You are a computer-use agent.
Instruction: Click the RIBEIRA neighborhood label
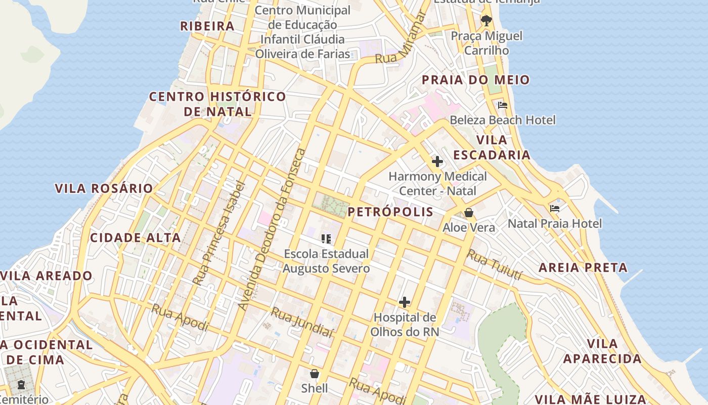[x=207, y=26]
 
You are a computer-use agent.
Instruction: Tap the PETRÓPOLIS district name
[x=390, y=212]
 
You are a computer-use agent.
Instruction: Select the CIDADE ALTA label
[x=135, y=237]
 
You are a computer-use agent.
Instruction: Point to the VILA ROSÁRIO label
[x=104, y=188]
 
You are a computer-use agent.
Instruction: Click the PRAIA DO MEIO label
[x=475, y=79]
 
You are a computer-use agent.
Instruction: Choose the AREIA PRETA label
[x=583, y=267]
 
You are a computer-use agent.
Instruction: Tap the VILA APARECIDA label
[x=602, y=351]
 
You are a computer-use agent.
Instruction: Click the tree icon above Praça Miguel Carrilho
[x=486, y=21]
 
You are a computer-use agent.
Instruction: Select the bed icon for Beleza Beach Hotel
[x=502, y=105]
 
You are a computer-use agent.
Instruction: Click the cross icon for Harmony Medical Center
[x=437, y=161]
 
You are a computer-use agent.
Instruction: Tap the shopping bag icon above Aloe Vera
[x=469, y=213]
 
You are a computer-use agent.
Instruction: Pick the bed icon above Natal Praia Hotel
[x=555, y=209]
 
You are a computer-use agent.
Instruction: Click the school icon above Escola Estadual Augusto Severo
[x=326, y=238]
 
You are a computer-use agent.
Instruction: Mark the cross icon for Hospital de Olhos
[x=405, y=302]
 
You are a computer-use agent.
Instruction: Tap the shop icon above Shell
[x=315, y=374]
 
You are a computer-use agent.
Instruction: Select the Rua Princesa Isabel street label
[x=219, y=233]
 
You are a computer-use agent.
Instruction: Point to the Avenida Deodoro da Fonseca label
[x=272, y=229]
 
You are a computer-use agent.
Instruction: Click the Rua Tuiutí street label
[x=494, y=265]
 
